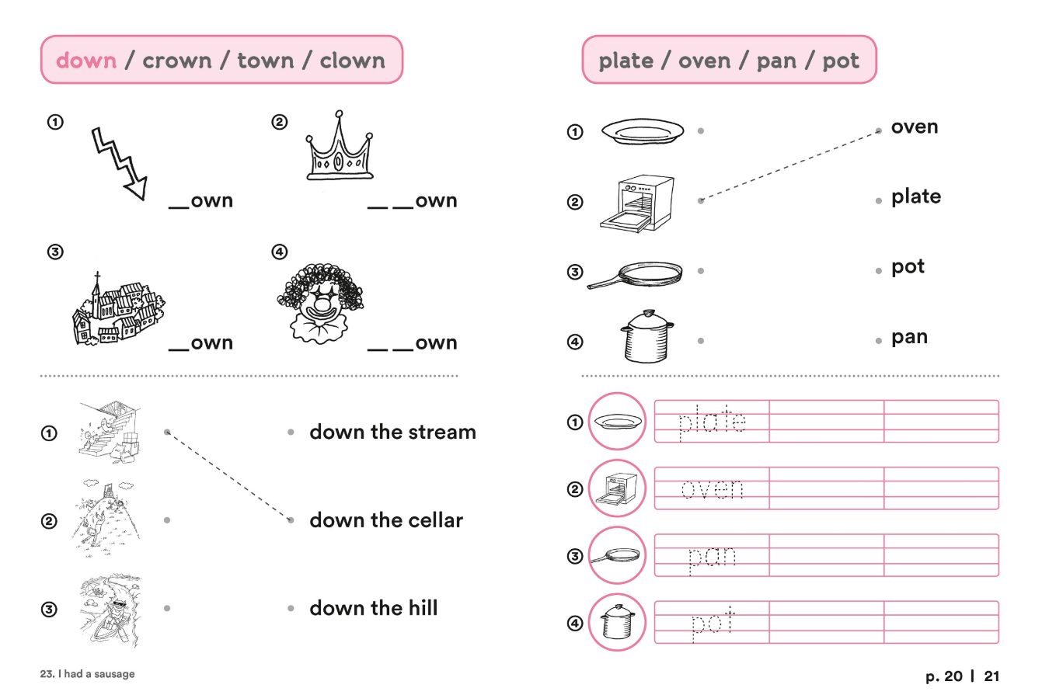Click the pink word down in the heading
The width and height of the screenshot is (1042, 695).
[86, 60]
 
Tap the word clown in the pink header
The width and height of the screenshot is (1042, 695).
[352, 60]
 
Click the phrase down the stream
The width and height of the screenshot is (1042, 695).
[392, 432]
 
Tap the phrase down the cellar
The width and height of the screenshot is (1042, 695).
[386, 520]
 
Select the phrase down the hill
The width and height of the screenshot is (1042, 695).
[374, 608]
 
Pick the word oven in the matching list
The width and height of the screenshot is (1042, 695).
[915, 127]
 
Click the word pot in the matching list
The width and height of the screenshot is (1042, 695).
[908, 267]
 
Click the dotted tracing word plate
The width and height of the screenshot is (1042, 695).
[712, 422]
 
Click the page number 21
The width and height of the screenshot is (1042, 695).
[992, 676]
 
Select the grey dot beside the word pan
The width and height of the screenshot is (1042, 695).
[879, 341]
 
